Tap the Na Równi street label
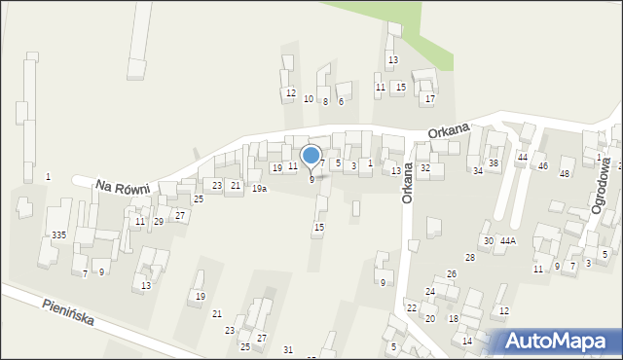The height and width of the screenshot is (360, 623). point(122,186)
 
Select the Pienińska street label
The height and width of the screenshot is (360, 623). point(68,312)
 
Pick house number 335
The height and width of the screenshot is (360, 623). point(59,235)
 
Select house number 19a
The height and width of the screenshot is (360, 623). point(259,189)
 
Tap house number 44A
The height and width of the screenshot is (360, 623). point(509,240)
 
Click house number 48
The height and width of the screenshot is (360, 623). point(564,173)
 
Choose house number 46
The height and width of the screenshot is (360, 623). point(542,166)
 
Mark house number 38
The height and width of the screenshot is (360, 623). point(494,162)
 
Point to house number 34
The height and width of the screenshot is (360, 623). point(478,171)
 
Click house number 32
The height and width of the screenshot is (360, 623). point(425,168)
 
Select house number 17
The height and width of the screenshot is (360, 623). point(430,99)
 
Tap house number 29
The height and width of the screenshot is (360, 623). point(158,222)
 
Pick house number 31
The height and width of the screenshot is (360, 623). point(287,349)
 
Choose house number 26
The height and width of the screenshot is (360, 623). point(452,274)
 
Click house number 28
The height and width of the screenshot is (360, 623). point(470,257)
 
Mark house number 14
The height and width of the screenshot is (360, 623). point(467,341)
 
